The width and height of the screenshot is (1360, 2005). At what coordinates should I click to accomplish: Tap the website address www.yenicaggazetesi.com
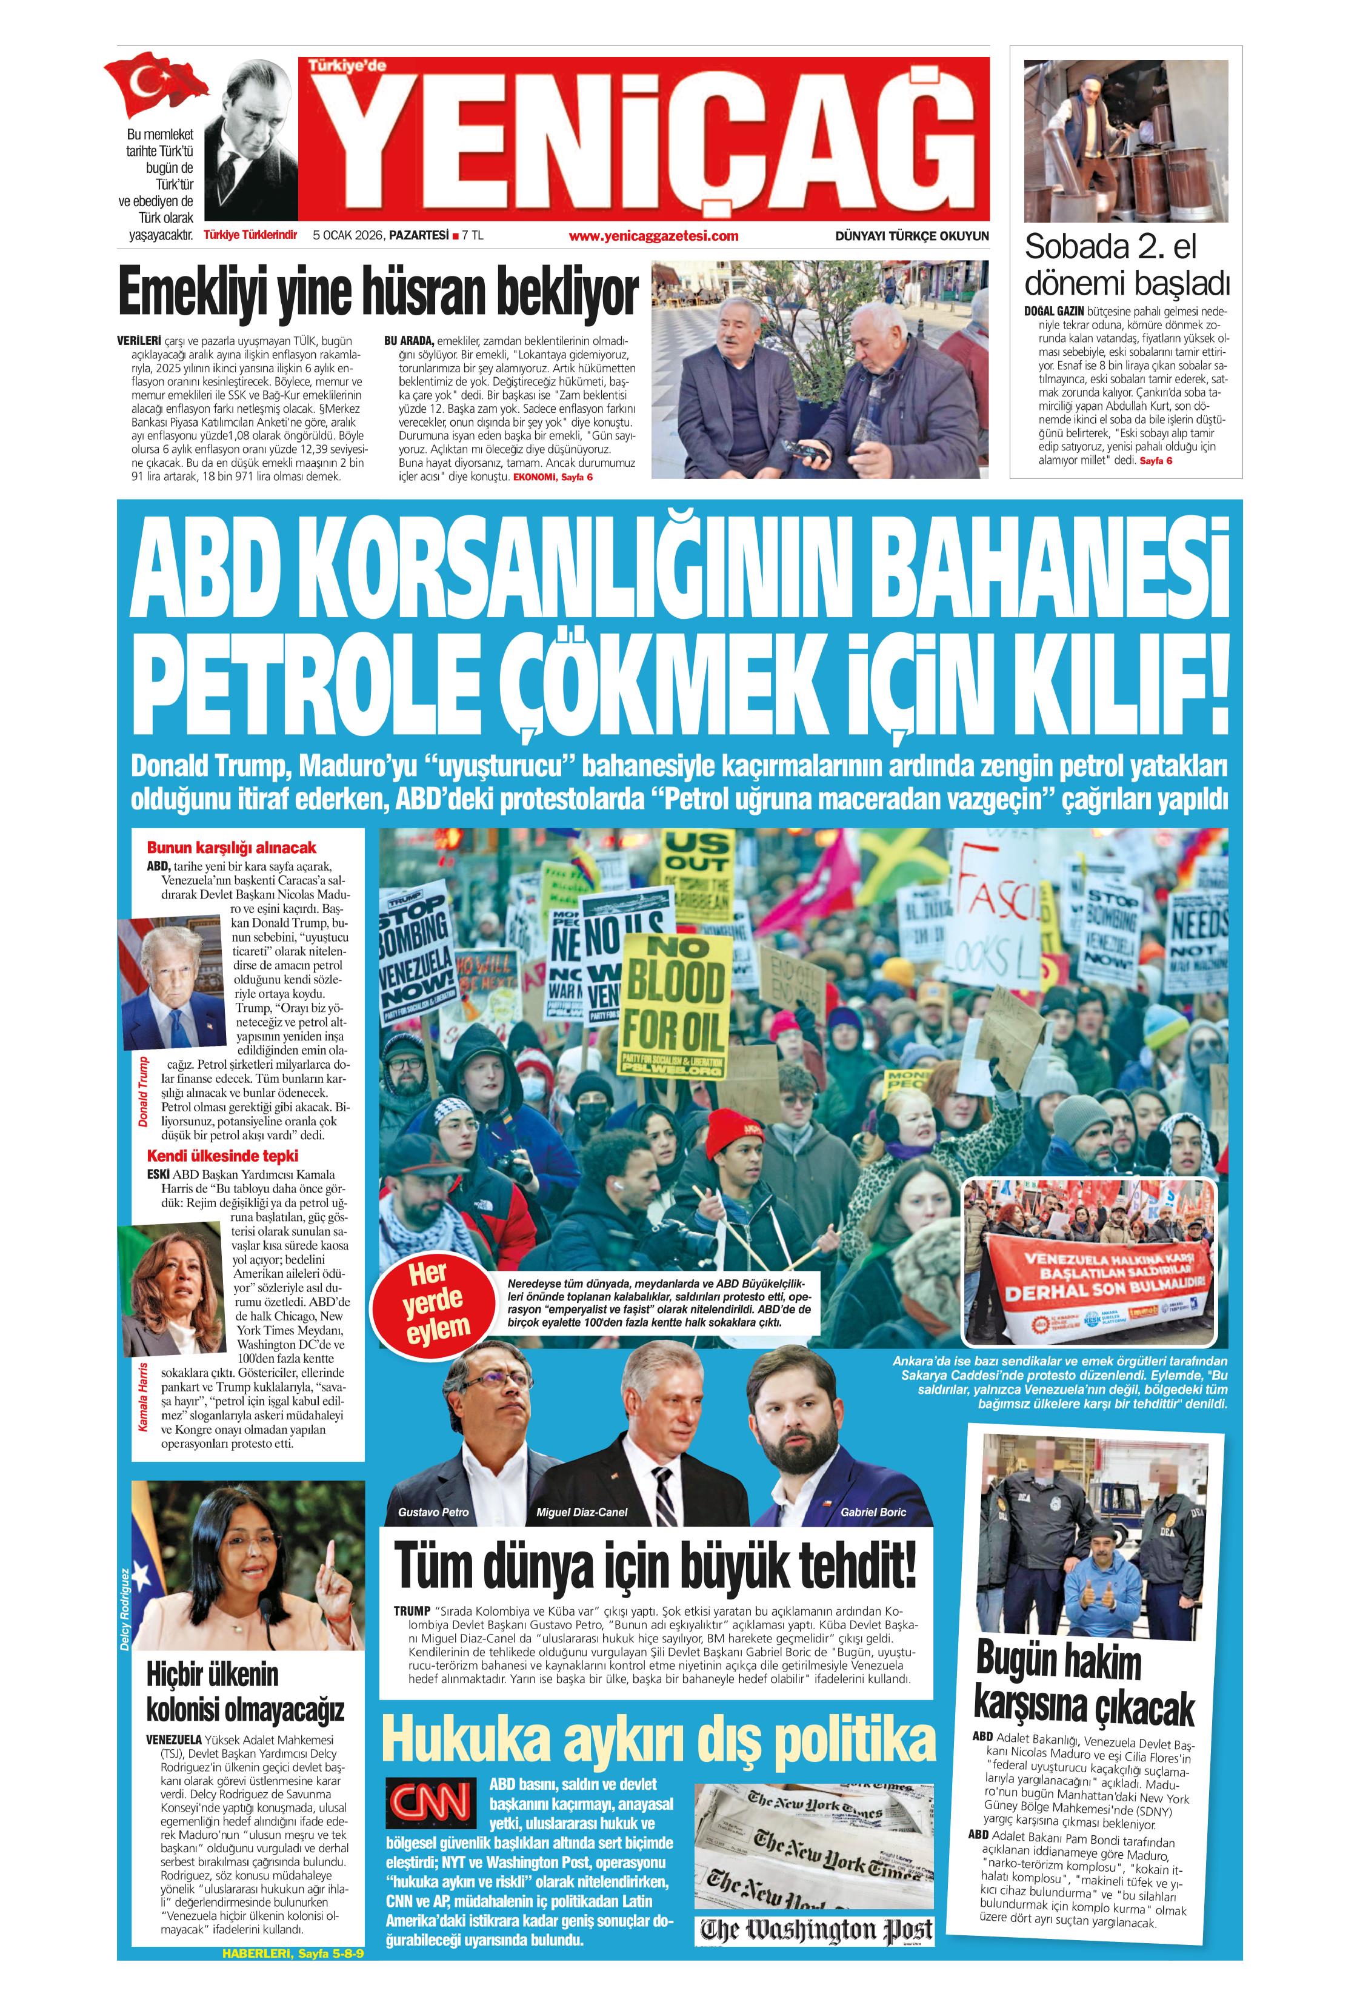(653, 235)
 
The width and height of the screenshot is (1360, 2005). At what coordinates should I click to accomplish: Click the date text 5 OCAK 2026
(348, 235)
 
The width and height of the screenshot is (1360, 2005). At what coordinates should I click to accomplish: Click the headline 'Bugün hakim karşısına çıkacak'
(1084, 1683)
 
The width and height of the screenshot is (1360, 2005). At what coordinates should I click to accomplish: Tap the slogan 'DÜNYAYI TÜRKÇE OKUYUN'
(912, 235)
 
